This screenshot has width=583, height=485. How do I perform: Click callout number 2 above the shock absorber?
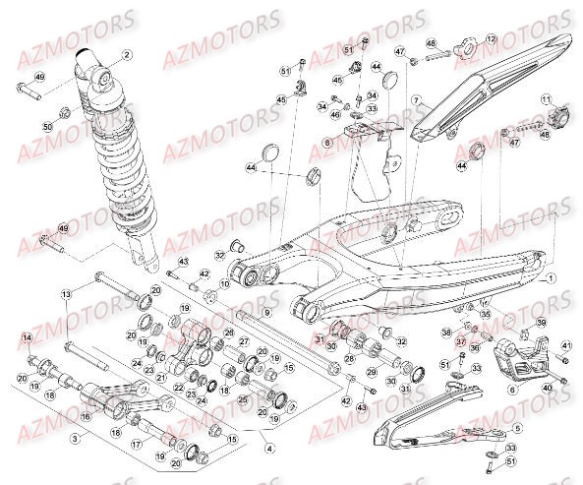point(126,55)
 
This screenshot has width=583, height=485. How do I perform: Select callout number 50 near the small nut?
point(46,127)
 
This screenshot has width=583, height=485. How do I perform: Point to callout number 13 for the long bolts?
point(67,294)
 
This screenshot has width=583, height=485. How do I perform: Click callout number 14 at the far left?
point(27,338)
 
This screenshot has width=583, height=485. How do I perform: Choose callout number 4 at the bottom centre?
point(268,449)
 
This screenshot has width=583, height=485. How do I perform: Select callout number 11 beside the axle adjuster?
point(546,101)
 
